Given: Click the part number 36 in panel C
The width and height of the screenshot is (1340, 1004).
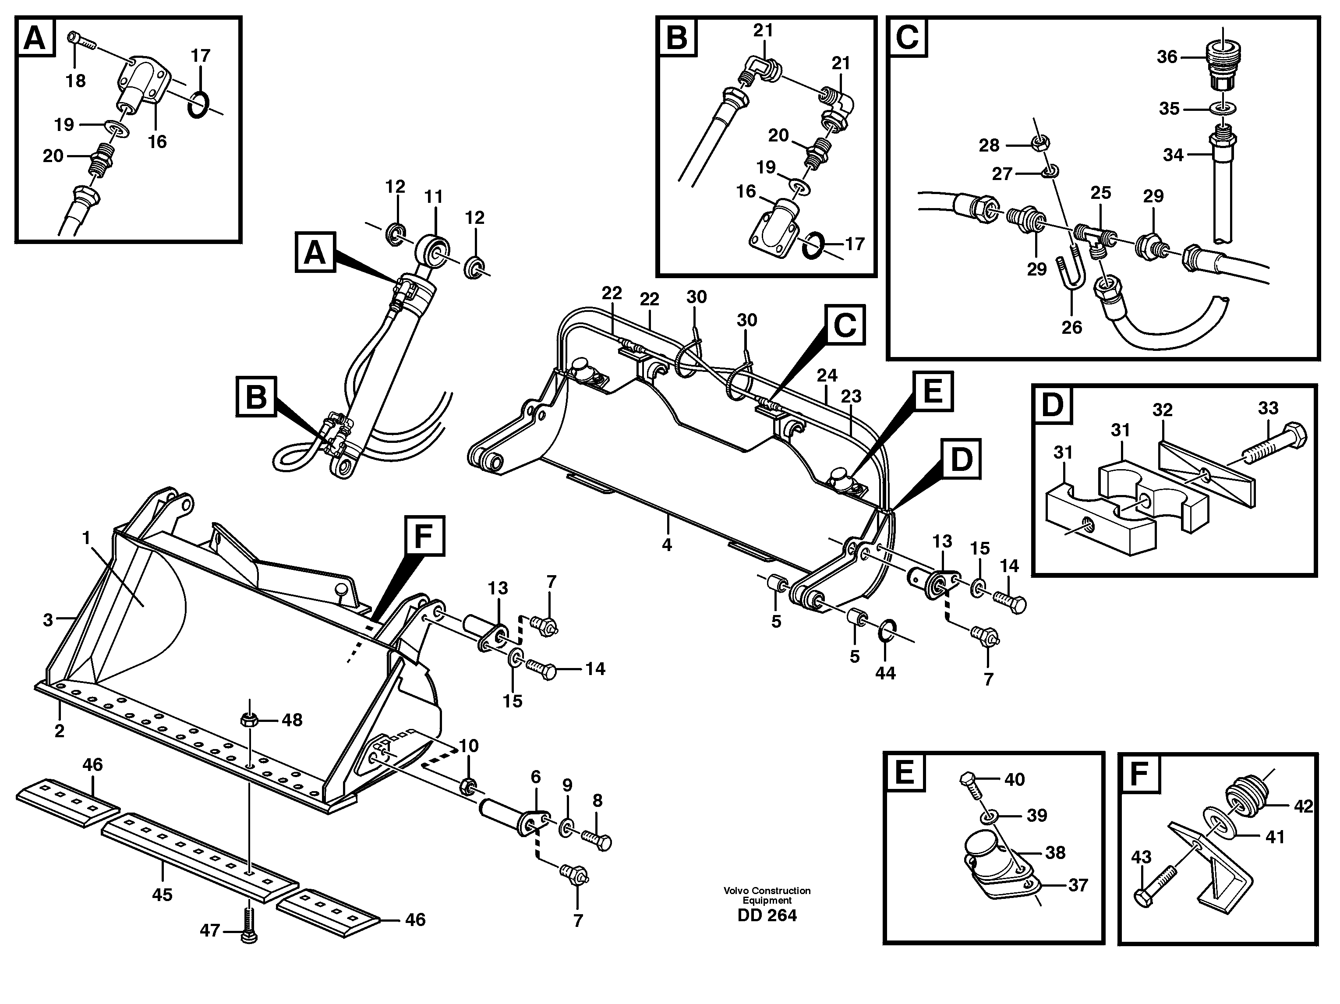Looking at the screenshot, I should click(x=1166, y=57).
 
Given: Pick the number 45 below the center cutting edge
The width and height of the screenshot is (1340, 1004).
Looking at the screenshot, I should click(x=163, y=894).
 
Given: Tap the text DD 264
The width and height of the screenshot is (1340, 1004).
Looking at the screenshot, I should click(x=767, y=916).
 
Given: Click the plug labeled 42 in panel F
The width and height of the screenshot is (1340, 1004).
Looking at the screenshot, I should click(x=1242, y=797).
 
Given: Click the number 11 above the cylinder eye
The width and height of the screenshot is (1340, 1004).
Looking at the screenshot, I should click(x=434, y=197).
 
